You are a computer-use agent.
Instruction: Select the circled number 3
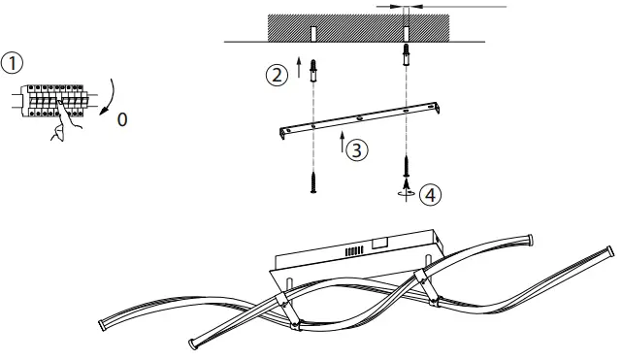click(x=358, y=150)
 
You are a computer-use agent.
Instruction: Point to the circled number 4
click(x=431, y=193)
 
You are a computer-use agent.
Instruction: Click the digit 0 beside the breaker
click(x=121, y=119)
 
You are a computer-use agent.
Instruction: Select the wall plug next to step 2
click(x=312, y=71)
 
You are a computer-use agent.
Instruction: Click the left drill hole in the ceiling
click(x=312, y=34)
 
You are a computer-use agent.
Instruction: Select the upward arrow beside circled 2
click(x=298, y=69)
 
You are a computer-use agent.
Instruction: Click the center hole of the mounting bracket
click(x=358, y=119)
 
